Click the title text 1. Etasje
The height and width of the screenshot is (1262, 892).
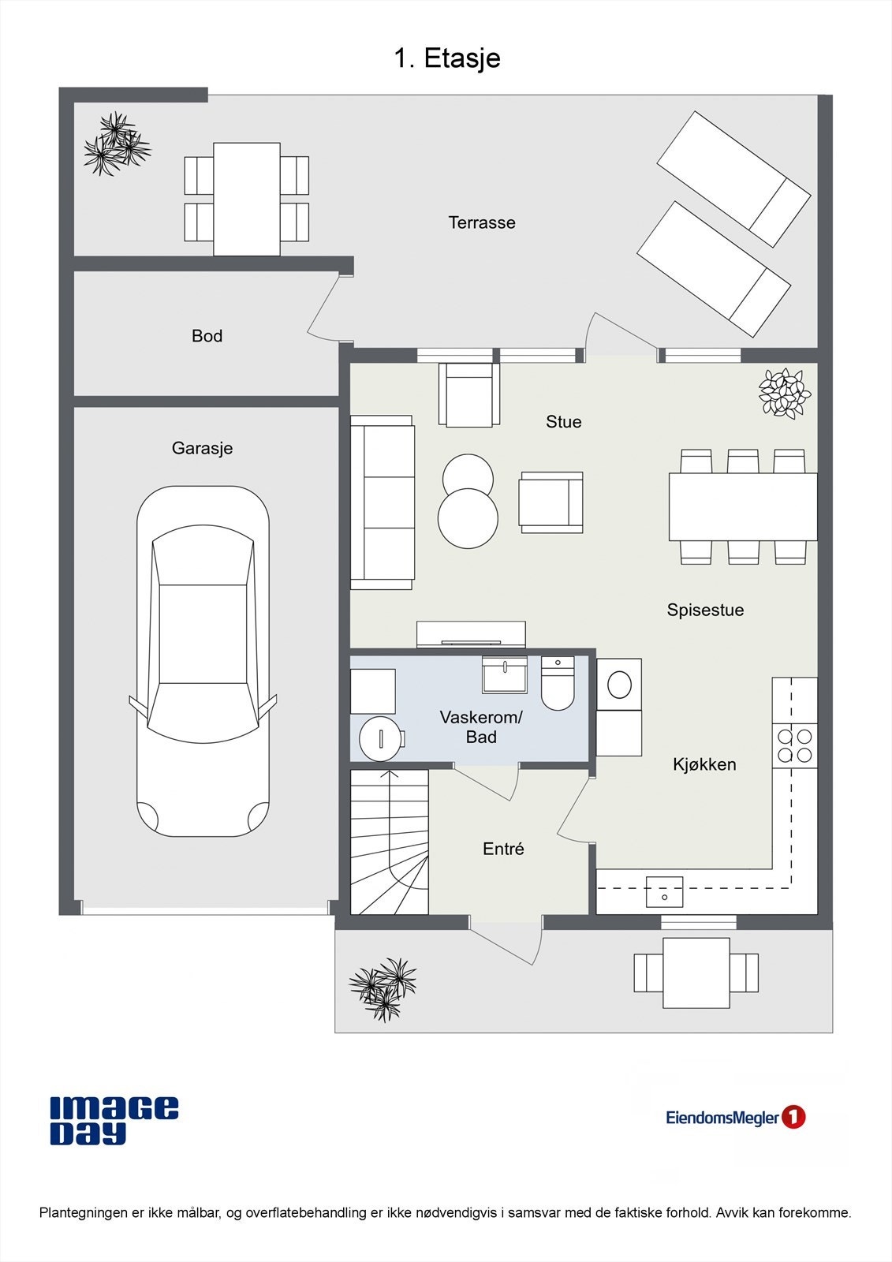(x=446, y=58)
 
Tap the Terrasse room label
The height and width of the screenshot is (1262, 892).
(x=482, y=223)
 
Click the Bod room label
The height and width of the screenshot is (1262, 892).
(x=207, y=336)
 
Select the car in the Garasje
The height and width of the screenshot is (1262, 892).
(x=203, y=661)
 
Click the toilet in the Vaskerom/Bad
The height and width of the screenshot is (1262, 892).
(x=558, y=685)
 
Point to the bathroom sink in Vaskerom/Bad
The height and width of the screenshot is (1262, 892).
(x=505, y=675)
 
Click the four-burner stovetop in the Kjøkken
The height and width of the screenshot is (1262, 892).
(x=794, y=745)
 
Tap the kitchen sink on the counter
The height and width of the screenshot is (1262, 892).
(x=664, y=892)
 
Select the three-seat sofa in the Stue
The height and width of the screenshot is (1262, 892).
(x=383, y=502)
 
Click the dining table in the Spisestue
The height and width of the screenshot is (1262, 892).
(x=742, y=506)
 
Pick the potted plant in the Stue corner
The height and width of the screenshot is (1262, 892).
(x=784, y=393)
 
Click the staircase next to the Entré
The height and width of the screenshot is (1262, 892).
(x=390, y=842)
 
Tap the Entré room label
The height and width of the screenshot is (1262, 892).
(x=503, y=849)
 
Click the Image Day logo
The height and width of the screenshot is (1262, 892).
(x=114, y=1120)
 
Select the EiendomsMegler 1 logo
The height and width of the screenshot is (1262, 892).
(x=735, y=1118)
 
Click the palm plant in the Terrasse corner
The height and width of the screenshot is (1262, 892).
(x=117, y=144)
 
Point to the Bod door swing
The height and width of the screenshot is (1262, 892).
(x=325, y=308)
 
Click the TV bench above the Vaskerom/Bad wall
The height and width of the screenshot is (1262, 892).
(x=471, y=633)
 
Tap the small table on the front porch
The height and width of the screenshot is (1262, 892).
(x=696, y=973)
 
